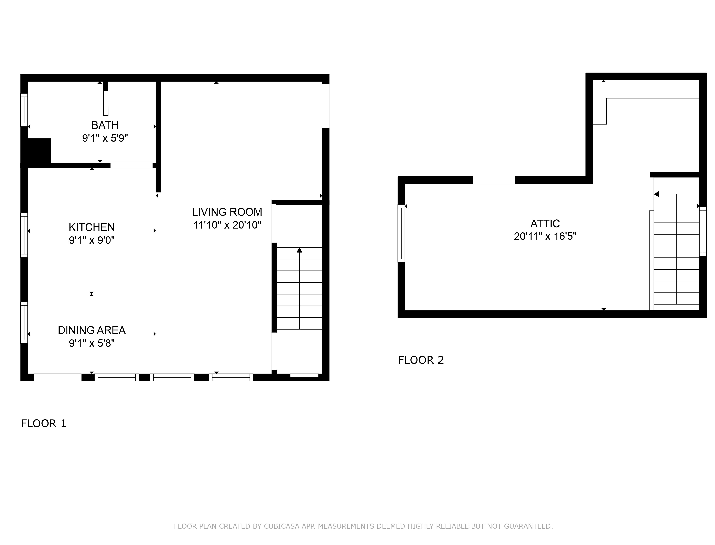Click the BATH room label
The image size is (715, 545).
click(105, 125)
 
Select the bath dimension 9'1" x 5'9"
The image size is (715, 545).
click(105, 138)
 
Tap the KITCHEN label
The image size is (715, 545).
click(92, 227)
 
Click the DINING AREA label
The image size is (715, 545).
click(92, 330)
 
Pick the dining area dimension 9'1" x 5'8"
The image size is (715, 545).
click(92, 343)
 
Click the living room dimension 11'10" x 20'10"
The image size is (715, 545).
click(227, 225)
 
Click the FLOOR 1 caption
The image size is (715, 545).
click(43, 424)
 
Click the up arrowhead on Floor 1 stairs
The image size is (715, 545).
click(299, 250)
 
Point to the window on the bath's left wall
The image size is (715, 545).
click(24, 110)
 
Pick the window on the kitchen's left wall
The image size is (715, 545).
click(24, 235)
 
